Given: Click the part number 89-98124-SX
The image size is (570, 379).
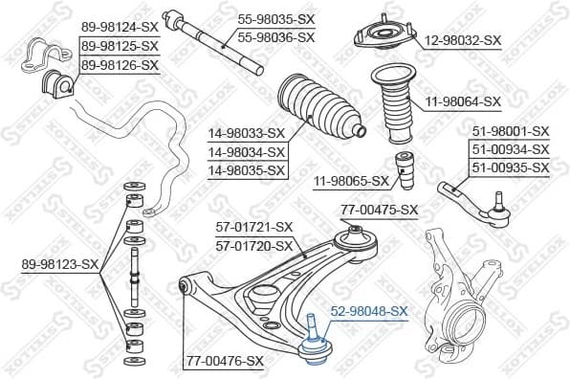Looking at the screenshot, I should (120, 26).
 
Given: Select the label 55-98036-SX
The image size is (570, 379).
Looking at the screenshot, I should (275, 36).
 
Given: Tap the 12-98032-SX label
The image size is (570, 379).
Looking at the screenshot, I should (463, 39).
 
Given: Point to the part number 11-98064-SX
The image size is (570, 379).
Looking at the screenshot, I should (463, 100).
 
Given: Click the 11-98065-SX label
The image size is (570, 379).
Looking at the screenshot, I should (351, 180).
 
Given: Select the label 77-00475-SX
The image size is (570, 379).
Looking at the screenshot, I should (380, 210).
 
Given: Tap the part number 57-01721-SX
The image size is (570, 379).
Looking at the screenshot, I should (253, 228).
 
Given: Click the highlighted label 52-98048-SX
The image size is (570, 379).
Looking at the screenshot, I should (369, 311).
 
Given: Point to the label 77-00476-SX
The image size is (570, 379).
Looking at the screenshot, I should (224, 361).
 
